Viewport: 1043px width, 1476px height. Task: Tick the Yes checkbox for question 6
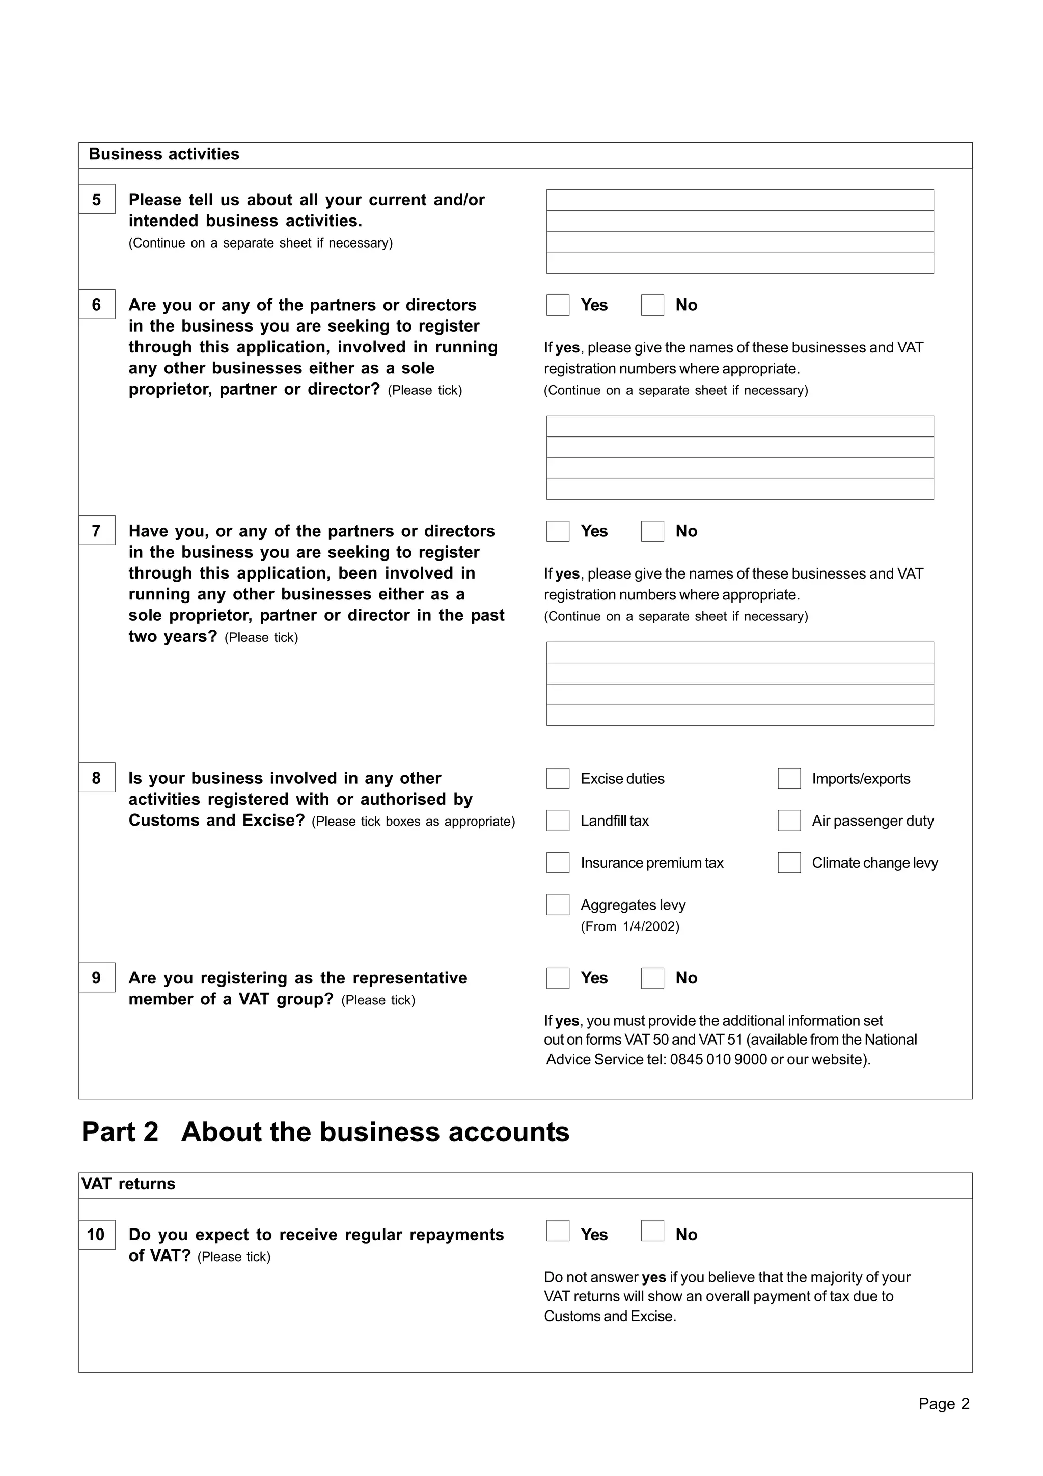coord(557,306)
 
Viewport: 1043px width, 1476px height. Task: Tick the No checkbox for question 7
coord(652,531)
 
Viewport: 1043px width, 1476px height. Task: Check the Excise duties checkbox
coord(557,779)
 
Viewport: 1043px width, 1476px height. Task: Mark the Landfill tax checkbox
coord(557,821)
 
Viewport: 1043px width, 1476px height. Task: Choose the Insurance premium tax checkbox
coord(557,863)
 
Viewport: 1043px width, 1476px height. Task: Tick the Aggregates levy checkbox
coord(557,905)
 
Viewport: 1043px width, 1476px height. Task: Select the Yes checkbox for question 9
coord(557,978)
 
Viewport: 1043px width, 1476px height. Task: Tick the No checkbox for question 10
coord(652,1231)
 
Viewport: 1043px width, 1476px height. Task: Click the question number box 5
coord(97,199)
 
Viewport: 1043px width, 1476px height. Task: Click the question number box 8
coord(97,778)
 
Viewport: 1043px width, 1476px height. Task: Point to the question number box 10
coord(97,1235)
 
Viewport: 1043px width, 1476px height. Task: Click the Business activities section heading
coord(164,154)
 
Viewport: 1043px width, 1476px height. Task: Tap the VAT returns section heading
coord(128,1184)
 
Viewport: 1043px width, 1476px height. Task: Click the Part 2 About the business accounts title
coord(325,1132)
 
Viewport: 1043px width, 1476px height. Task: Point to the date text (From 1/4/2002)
coord(630,926)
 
